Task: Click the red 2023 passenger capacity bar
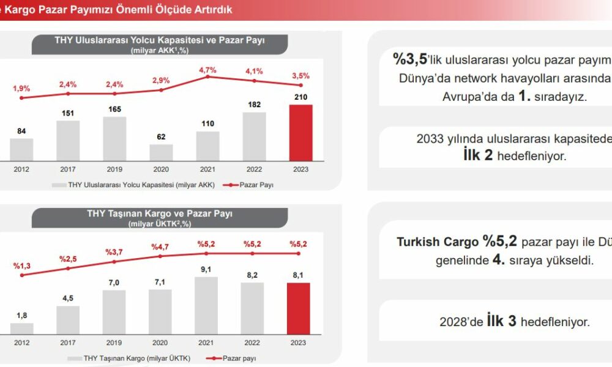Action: pos(300,132)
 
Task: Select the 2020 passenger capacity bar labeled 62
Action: pos(161,152)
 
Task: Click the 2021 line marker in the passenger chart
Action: pos(208,76)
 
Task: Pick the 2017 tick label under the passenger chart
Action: pos(68,169)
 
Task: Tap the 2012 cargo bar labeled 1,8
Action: pos(22,328)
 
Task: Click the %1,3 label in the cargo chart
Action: pos(22,265)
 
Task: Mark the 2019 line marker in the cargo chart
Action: pos(114,261)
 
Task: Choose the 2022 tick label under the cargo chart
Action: pos(252,343)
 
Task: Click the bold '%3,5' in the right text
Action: pos(409,59)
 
